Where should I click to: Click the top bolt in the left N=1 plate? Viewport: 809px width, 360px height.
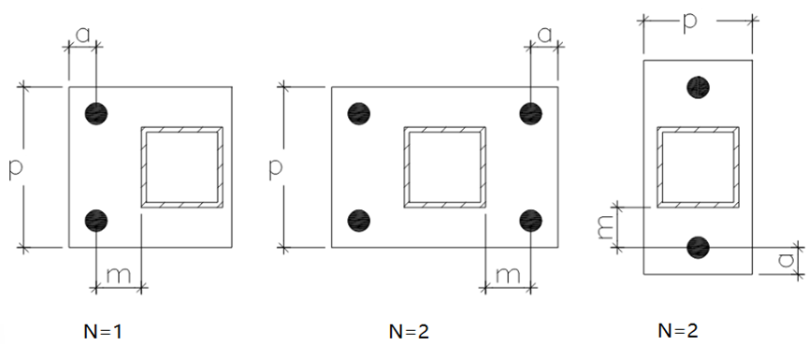(x=96, y=113)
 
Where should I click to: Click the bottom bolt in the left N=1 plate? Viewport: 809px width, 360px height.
(x=96, y=221)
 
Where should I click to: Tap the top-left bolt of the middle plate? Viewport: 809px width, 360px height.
(x=359, y=113)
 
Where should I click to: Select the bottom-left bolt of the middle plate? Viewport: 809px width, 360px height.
(x=359, y=221)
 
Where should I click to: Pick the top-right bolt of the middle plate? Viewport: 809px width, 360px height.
(x=530, y=113)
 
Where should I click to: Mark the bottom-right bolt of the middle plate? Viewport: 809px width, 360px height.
(x=530, y=221)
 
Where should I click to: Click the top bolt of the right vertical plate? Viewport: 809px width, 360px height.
(x=698, y=87)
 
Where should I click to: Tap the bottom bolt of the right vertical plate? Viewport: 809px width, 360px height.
(x=698, y=248)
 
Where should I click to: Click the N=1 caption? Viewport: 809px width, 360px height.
(x=103, y=332)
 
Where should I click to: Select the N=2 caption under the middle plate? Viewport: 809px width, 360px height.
(x=409, y=332)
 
